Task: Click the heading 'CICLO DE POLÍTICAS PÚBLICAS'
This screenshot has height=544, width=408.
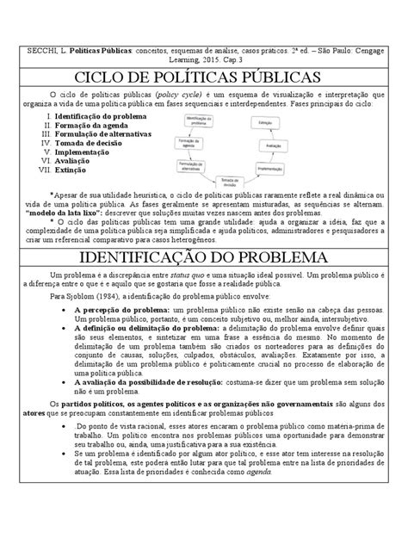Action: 203,77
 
